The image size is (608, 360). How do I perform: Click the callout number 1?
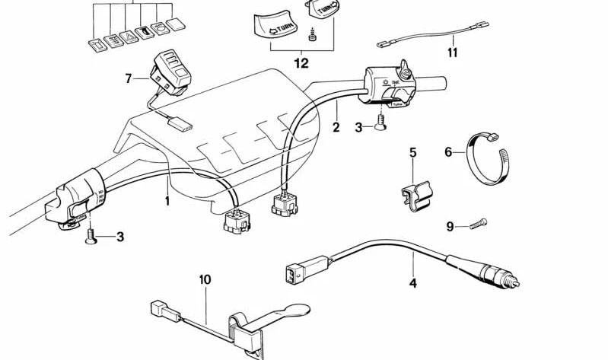[167, 201]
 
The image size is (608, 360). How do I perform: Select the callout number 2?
[336, 128]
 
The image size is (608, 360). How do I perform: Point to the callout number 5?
[413, 152]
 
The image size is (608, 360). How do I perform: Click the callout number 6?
[448, 152]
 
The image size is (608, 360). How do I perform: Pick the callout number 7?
[129, 78]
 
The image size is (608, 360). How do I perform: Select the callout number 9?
[450, 226]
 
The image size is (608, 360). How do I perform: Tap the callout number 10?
[204, 279]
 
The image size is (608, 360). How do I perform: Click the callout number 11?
[453, 53]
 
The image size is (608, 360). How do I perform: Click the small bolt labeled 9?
[476, 223]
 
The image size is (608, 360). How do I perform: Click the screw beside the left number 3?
[91, 237]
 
